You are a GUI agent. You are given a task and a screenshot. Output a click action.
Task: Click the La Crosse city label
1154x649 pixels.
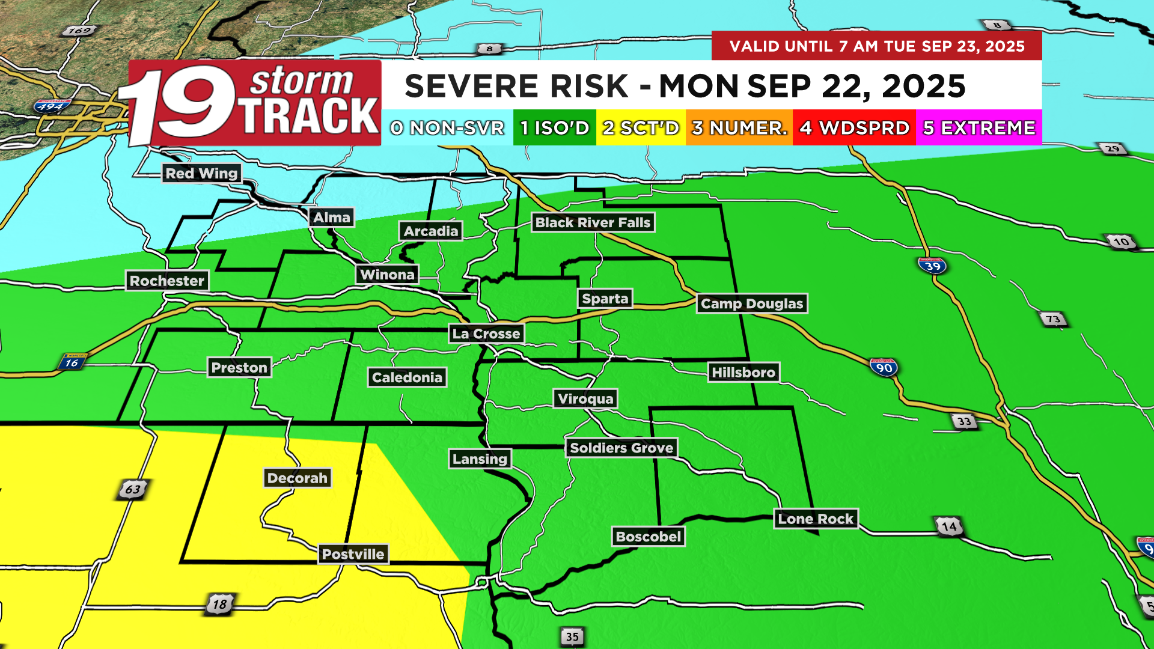coord(486,334)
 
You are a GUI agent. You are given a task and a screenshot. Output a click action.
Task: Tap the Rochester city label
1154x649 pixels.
coord(167,281)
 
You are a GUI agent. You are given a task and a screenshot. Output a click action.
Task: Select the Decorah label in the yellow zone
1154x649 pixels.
coord(298,478)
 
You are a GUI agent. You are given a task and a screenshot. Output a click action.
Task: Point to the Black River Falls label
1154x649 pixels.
coord(593,222)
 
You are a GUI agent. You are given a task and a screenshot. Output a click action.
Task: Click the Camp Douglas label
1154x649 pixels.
coord(752,303)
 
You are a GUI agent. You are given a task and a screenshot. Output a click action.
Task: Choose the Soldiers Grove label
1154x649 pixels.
coord(621,448)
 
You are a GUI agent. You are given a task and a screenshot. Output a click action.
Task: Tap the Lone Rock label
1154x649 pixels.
coord(816,519)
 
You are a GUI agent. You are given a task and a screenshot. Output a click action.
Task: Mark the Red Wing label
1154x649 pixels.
coord(202,173)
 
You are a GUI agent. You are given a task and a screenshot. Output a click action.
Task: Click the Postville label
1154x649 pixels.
coord(353,554)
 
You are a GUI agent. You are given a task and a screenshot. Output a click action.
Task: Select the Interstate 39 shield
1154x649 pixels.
coord(932,266)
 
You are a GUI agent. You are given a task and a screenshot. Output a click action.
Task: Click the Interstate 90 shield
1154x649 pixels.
coord(884,367)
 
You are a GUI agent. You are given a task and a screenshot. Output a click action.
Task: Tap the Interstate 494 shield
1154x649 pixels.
coord(50,107)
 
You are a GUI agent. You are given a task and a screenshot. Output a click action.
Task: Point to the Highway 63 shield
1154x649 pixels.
coord(132,489)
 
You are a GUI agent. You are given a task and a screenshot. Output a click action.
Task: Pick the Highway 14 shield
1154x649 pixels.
coord(949,527)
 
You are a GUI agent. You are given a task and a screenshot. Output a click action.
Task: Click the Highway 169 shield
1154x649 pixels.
coord(79,31)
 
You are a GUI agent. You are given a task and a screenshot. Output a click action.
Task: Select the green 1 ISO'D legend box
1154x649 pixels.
coord(554,127)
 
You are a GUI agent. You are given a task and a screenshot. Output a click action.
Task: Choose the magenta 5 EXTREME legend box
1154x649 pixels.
coord(978,127)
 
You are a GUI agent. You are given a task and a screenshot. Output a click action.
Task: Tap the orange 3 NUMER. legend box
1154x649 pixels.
coord(739,127)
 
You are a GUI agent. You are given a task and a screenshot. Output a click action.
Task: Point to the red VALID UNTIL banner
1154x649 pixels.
coord(876,46)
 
